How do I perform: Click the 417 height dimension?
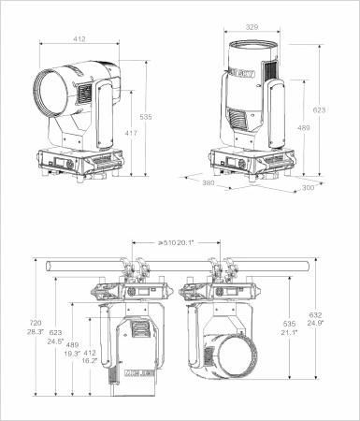point(132,135)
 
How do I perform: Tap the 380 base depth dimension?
point(209,184)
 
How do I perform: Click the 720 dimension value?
point(35,322)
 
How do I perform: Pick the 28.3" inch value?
point(35,331)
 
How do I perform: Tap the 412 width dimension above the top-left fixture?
point(80,39)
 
